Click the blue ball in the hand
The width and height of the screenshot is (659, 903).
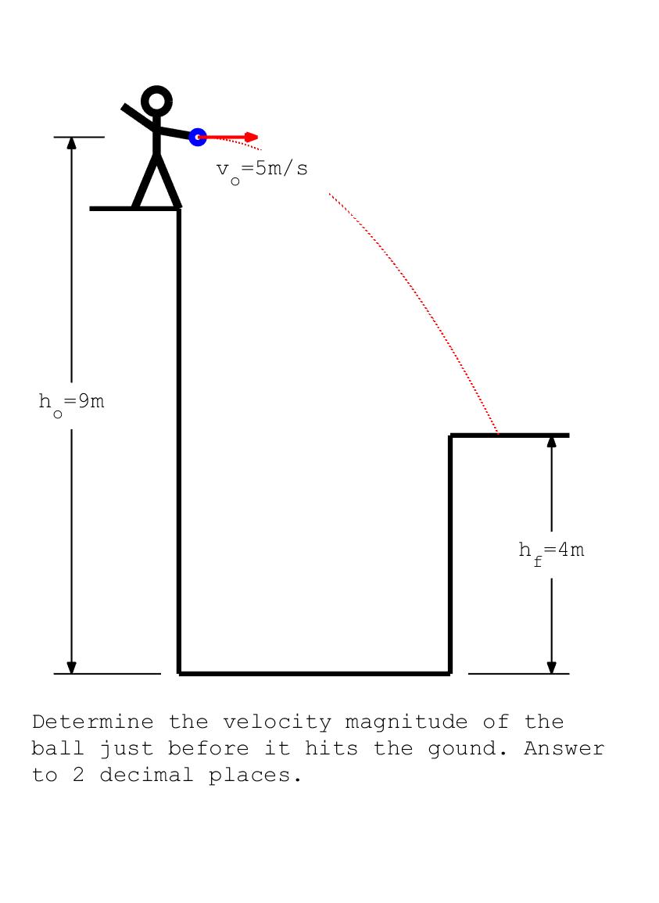198,137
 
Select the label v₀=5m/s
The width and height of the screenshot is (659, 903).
262,170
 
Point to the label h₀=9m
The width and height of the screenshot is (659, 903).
71,403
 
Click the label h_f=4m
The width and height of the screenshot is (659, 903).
551,551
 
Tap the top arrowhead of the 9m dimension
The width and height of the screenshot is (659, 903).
71,142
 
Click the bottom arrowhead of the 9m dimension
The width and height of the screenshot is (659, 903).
71,667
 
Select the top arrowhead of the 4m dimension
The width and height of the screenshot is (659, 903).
551,440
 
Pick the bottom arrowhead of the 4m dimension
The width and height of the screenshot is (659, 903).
551,667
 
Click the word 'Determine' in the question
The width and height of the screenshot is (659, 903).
92,722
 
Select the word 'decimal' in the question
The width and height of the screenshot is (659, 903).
147,776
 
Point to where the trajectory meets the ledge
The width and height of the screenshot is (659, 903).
499,434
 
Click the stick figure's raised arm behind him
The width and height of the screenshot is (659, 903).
139,116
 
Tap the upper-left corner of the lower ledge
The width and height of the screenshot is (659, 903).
451,435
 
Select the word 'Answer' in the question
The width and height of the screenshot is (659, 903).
564,749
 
